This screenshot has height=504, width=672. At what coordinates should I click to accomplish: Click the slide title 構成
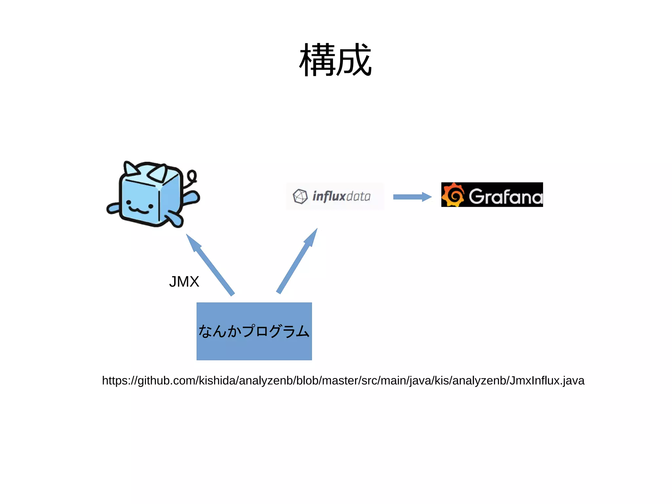[x=335, y=60]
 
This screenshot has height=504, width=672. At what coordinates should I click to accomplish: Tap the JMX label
[x=184, y=282]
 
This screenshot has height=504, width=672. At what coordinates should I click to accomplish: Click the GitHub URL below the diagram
[x=343, y=381]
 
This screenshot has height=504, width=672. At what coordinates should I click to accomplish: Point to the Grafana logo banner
[x=492, y=195]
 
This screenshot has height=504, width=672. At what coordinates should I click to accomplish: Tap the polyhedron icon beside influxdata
[x=300, y=196]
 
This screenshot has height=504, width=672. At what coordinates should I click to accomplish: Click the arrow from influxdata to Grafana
[x=412, y=197]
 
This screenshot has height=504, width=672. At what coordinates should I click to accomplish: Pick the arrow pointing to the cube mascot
[x=210, y=264]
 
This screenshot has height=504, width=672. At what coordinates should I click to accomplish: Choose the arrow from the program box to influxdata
[x=297, y=261]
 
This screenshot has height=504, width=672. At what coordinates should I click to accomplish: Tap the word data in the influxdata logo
[x=358, y=196]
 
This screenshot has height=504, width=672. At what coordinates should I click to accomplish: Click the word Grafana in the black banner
[x=505, y=197]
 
